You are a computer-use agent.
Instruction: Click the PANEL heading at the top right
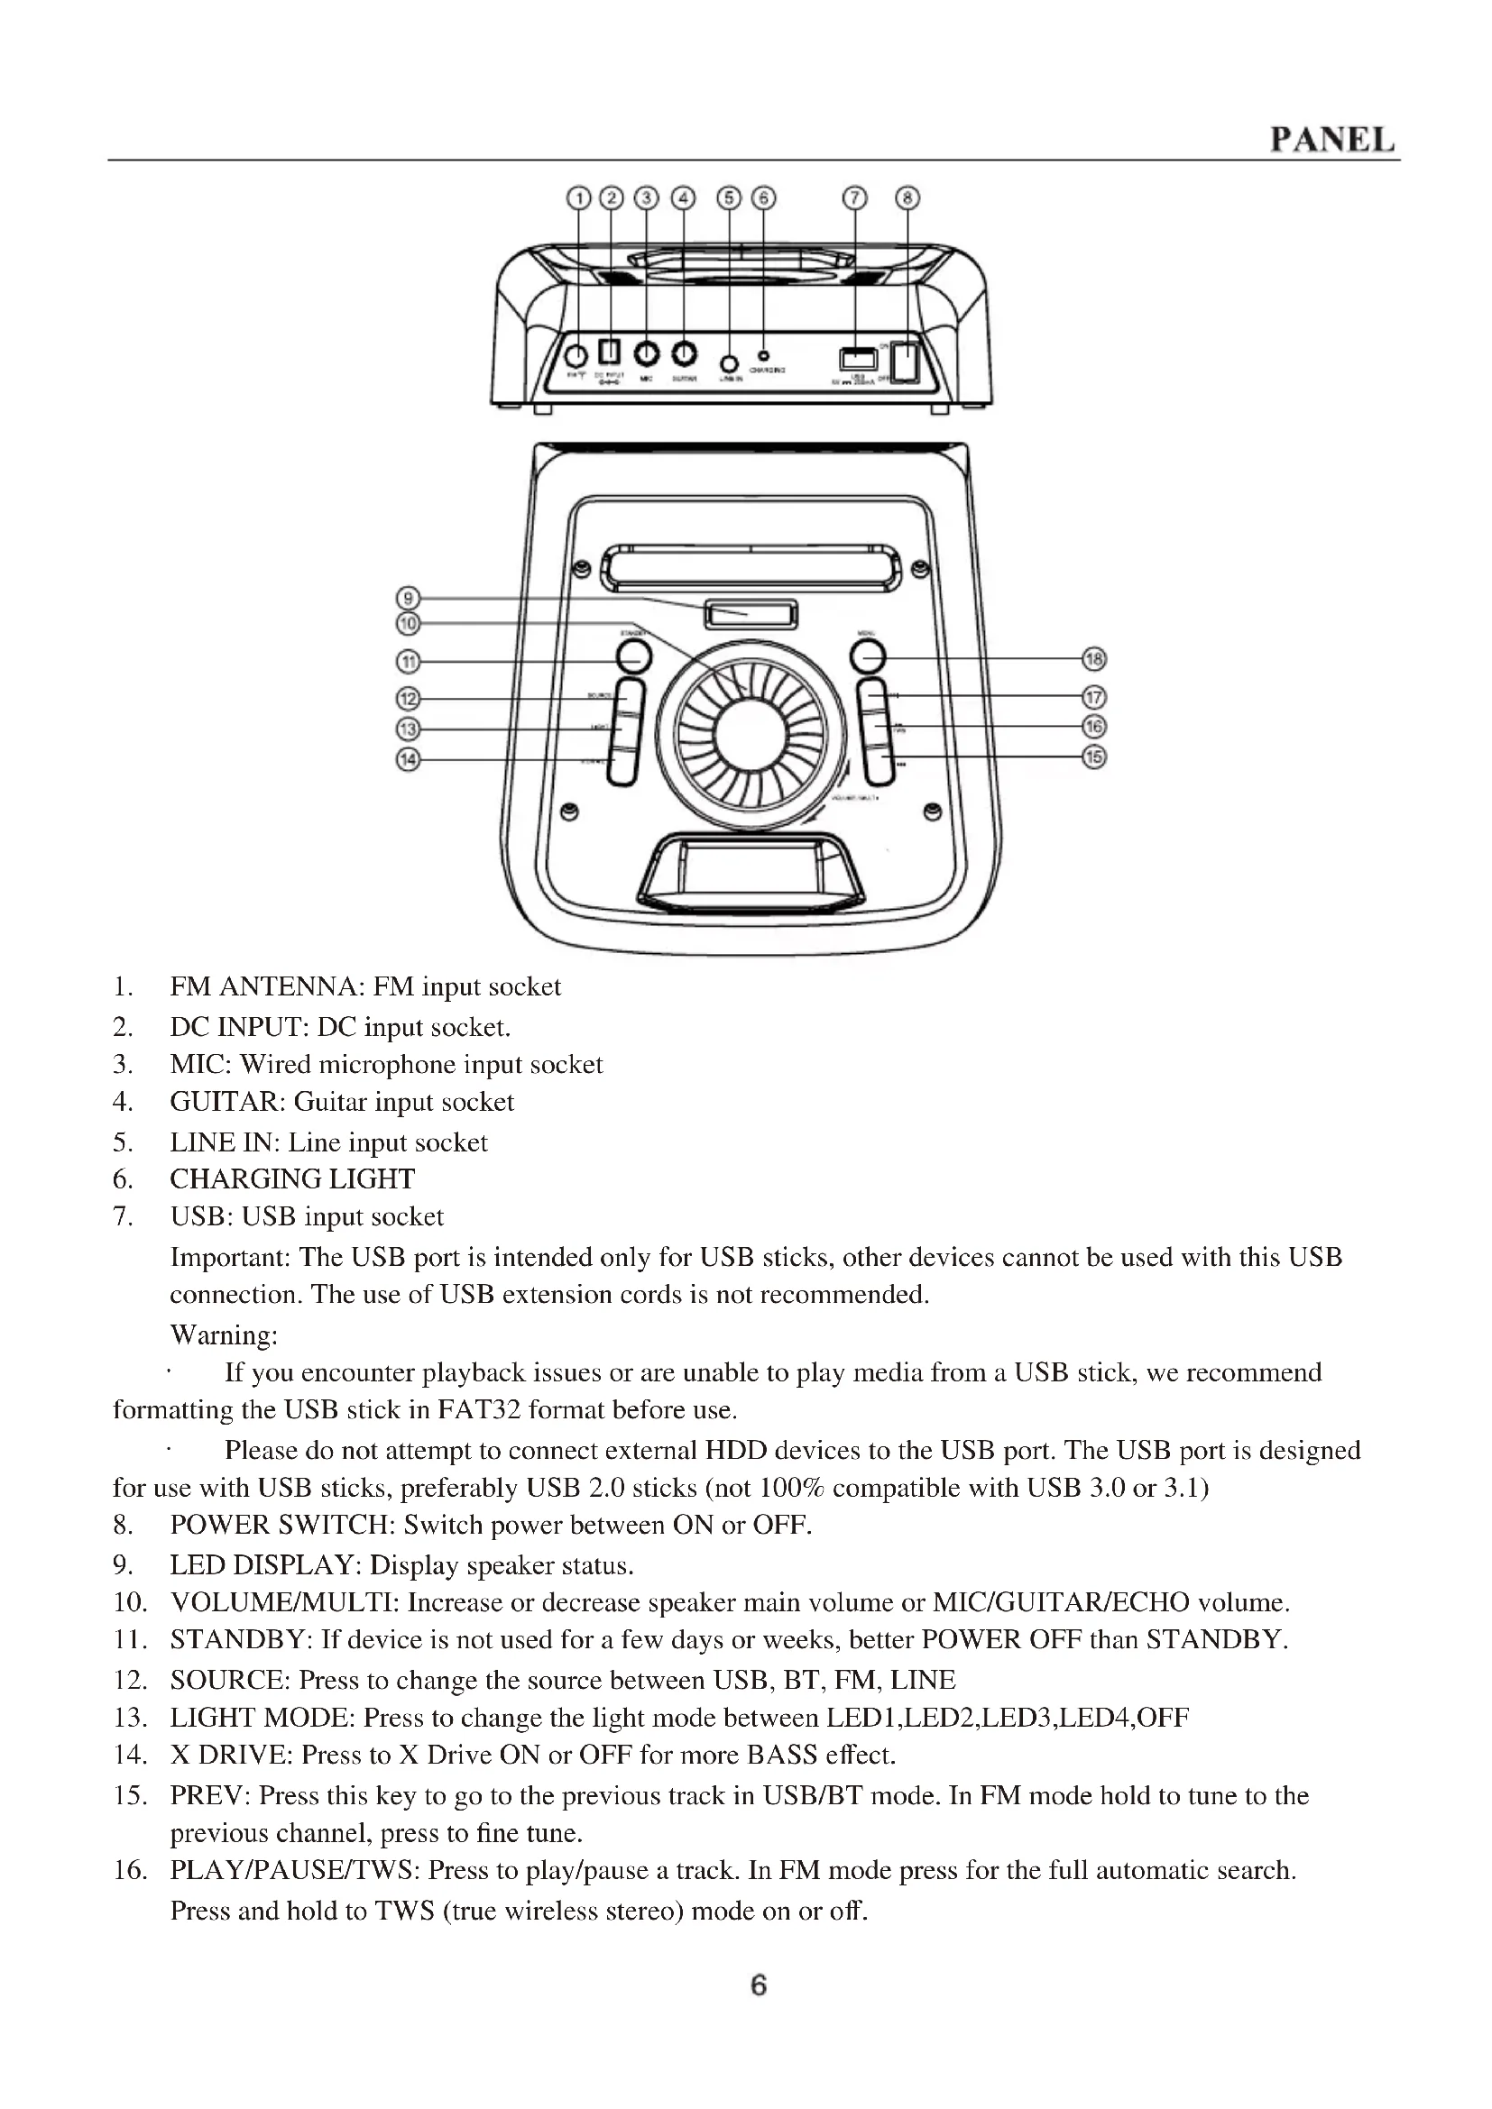[1332, 140]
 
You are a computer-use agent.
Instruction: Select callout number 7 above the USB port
[855, 197]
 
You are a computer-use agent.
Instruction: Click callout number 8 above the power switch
[907, 197]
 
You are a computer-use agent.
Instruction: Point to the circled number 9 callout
[407, 599]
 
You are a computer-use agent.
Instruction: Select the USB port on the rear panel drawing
[858, 358]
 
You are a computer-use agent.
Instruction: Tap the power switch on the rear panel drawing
[907, 361]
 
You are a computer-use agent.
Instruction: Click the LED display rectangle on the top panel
[751, 614]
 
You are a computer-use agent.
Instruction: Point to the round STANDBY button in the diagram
[634, 656]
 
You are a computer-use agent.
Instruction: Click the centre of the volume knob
[750, 735]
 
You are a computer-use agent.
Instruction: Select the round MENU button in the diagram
[868, 656]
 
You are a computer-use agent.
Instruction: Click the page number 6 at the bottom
[759, 1985]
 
